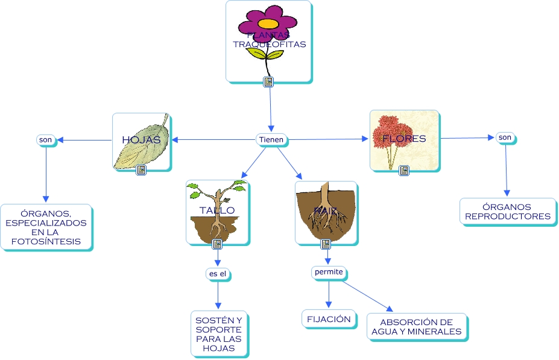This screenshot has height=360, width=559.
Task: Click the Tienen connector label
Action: (271, 140)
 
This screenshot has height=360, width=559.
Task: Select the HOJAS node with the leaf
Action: (141, 141)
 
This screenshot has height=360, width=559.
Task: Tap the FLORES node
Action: (403, 139)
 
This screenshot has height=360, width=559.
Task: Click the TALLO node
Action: (217, 211)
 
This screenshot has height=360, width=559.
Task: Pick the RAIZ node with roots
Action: (325, 211)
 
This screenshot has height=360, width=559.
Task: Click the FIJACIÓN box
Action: (329, 319)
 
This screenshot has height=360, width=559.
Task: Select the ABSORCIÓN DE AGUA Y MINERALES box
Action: (416, 327)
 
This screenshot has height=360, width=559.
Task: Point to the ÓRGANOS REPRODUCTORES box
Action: (508, 212)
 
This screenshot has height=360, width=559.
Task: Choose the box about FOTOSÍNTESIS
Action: (46, 227)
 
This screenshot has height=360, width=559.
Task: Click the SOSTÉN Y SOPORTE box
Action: (218, 333)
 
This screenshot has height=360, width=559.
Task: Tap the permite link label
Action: (329, 272)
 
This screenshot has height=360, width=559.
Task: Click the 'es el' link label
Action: (217, 274)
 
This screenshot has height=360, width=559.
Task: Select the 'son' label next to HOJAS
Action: (45, 140)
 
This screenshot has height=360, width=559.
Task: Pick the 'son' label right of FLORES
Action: (505, 137)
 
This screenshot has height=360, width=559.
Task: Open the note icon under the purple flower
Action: (269, 82)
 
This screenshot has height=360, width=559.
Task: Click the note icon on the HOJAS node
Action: (141, 171)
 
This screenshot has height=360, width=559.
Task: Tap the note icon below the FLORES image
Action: (404, 171)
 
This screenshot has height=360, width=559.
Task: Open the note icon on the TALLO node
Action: (217, 244)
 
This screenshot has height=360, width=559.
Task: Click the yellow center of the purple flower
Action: (268, 24)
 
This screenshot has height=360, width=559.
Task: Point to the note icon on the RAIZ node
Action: (326, 244)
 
